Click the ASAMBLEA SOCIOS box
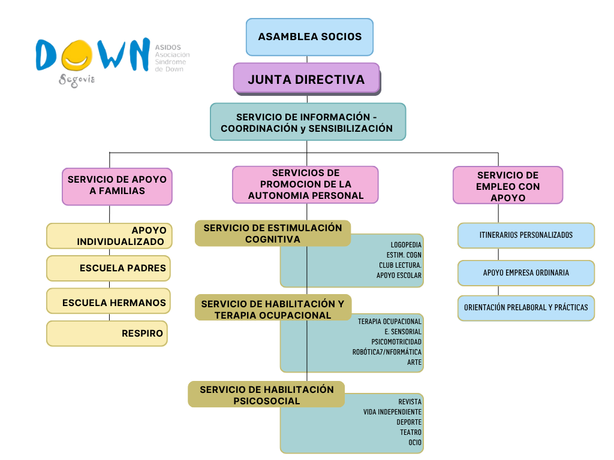309,37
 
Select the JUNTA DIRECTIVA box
306,78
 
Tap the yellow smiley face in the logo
77,55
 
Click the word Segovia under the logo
77,80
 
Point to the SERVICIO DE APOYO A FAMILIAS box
117,187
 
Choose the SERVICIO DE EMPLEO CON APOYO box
508,185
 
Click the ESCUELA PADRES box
109,268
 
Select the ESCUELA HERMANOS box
109,301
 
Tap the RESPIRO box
107,334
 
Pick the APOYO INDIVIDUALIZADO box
109,236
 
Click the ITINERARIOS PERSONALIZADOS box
526,235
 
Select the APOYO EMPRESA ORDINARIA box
526,273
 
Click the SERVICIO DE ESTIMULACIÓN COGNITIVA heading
273,234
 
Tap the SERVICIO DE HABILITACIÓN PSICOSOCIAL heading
266,395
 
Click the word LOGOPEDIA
406,245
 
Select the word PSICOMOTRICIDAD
396,342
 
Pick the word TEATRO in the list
411,432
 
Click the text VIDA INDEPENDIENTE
392,412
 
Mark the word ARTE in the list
414,362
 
